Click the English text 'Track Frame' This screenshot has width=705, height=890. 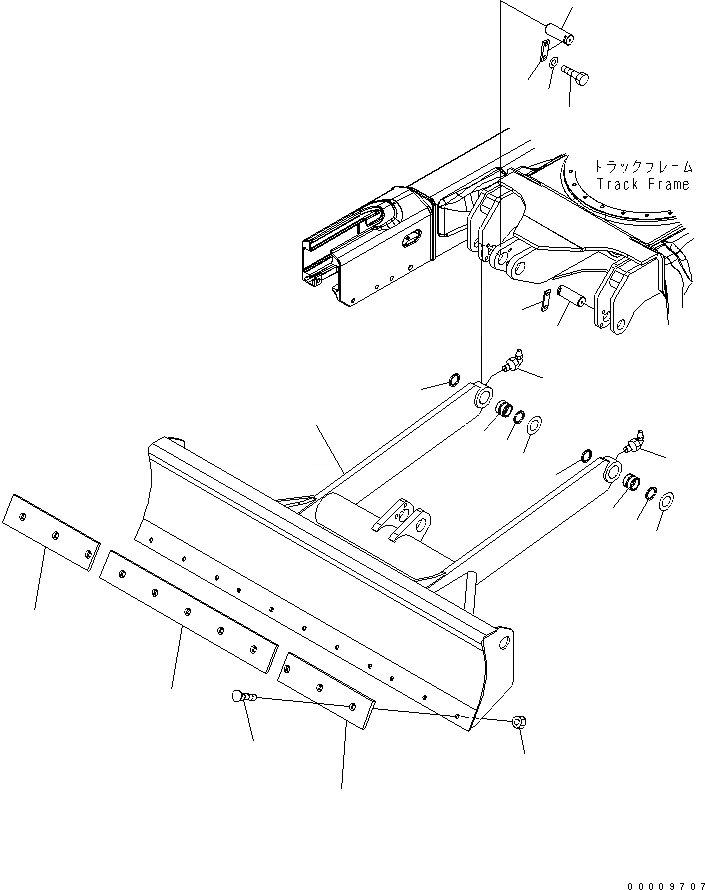[642, 184]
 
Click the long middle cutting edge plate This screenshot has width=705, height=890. [187, 609]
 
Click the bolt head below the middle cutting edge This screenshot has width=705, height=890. [240, 696]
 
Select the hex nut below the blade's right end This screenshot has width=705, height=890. [519, 722]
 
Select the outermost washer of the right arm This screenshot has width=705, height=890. [667, 498]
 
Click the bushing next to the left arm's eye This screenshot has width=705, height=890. [503, 410]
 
